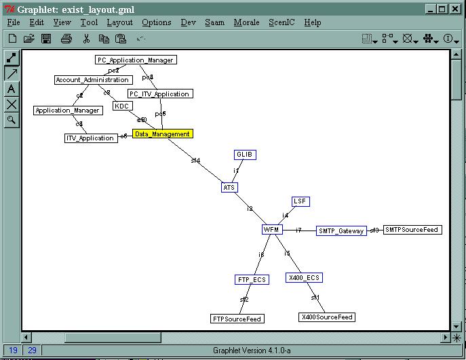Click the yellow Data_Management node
[162, 134]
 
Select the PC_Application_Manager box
[136, 60]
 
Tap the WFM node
[271, 230]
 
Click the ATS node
[229, 187]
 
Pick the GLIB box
[245, 155]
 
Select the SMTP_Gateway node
[341, 231]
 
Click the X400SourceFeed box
[327, 317]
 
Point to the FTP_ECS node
[252, 279]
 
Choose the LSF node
[300, 201]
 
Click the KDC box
[121, 106]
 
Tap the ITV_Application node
[90, 138]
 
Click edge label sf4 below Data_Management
[195, 161]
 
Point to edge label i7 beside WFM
[298, 231]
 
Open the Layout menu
[119, 22]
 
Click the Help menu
[312, 22]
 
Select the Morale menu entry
[246, 22]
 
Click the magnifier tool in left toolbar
[12, 120]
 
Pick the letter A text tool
[12, 89]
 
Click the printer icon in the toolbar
[66, 39]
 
